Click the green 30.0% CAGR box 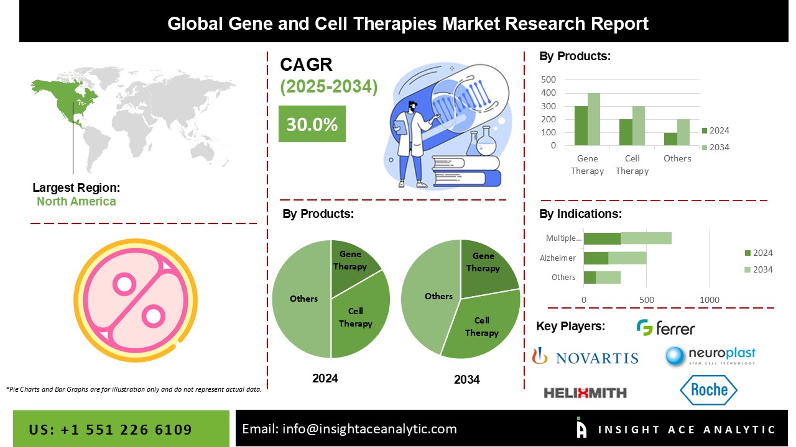pos(312,124)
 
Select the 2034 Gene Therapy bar pos(594,119)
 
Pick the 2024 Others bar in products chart pos(670,139)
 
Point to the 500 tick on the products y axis pos(548,79)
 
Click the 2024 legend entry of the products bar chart pos(716,130)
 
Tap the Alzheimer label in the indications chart pos(558,258)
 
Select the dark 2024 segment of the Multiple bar pos(603,238)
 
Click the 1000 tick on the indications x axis pos(710,300)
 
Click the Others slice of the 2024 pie pos(302,299)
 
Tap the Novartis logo pos(585,356)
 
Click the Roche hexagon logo pos(708,390)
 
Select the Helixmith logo pos(585,393)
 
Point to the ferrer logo pos(665,327)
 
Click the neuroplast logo pos(710,356)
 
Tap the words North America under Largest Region pos(76,201)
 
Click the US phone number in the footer pos(111,430)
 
